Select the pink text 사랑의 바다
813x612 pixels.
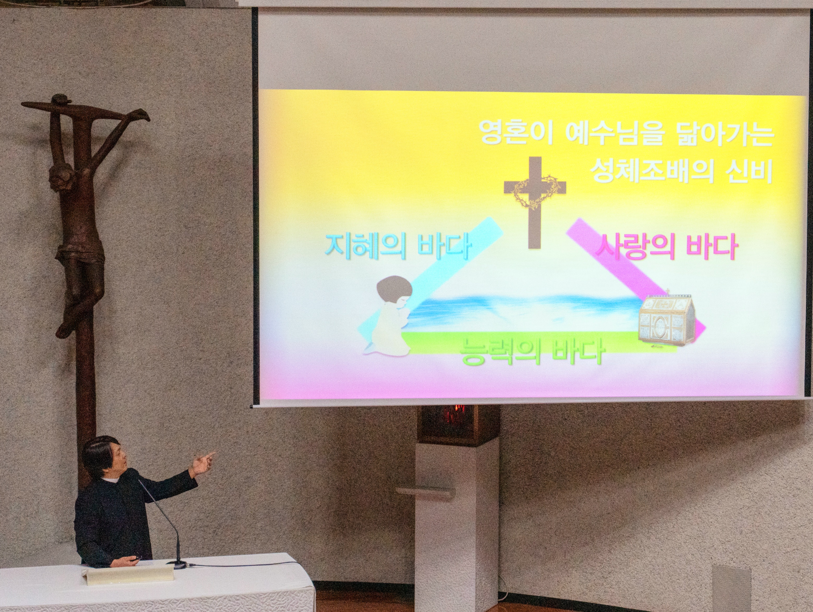(x=666, y=247)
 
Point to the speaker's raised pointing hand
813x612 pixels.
(x=203, y=464)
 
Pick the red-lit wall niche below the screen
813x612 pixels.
(x=458, y=423)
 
